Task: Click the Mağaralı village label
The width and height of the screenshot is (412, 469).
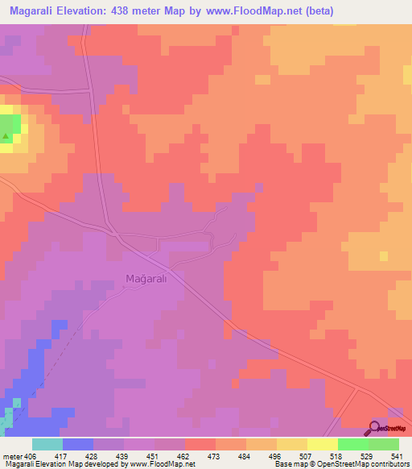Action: pos(145,279)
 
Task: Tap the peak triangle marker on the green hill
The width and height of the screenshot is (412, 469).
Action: pos(6,136)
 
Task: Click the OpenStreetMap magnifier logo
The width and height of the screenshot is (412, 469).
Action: pos(375,427)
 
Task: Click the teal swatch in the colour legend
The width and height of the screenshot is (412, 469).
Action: pos(47,444)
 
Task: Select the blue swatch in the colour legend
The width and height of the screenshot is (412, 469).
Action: pos(78,444)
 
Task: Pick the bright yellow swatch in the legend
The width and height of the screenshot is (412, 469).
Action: pos(322,444)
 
